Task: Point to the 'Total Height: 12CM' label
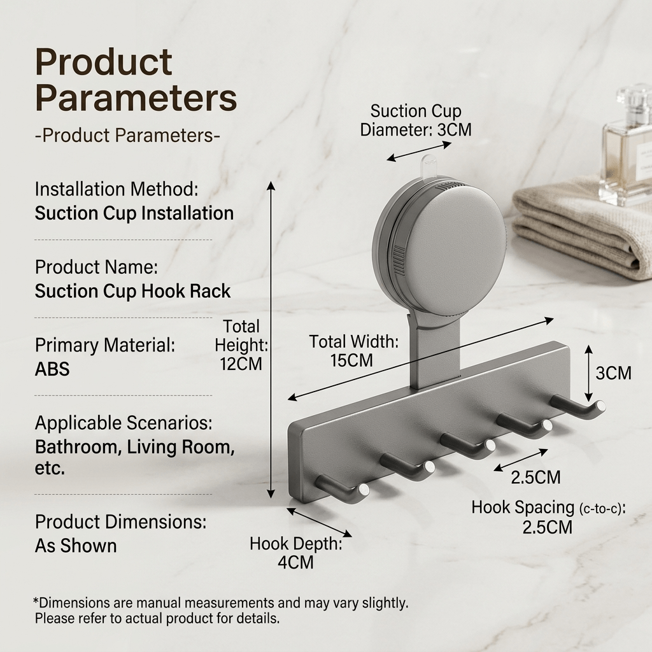click(x=241, y=345)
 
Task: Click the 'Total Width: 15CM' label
click(x=353, y=351)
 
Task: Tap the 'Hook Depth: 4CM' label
click(x=295, y=553)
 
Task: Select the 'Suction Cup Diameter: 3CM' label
click(x=416, y=120)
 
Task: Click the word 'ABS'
click(x=52, y=369)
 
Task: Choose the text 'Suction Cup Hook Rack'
click(x=132, y=291)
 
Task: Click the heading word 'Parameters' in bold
click(x=136, y=97)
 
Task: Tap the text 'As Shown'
click(x=76, y=546)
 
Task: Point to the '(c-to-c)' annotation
click(x=601, y=508)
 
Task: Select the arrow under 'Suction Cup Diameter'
click(x=419, y=152)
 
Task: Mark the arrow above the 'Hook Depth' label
click(x=320, y=523)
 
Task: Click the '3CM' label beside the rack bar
click(x=613, y=373)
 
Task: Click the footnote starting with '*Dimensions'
click(x=220, y=611)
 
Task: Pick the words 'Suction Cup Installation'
click(x=134, y=213)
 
